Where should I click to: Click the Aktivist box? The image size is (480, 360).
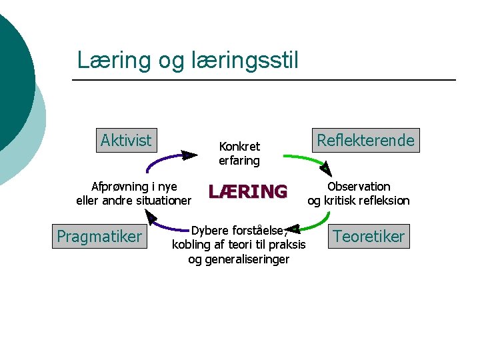126,140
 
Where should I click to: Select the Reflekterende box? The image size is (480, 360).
366,141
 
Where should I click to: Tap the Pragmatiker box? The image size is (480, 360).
99,237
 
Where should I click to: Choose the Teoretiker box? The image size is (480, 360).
369,237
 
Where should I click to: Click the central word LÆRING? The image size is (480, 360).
248,192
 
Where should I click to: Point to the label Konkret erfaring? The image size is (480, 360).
239,153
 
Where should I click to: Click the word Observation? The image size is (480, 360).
359,187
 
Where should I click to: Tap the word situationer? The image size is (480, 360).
162,201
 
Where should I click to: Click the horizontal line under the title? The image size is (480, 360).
263,80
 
